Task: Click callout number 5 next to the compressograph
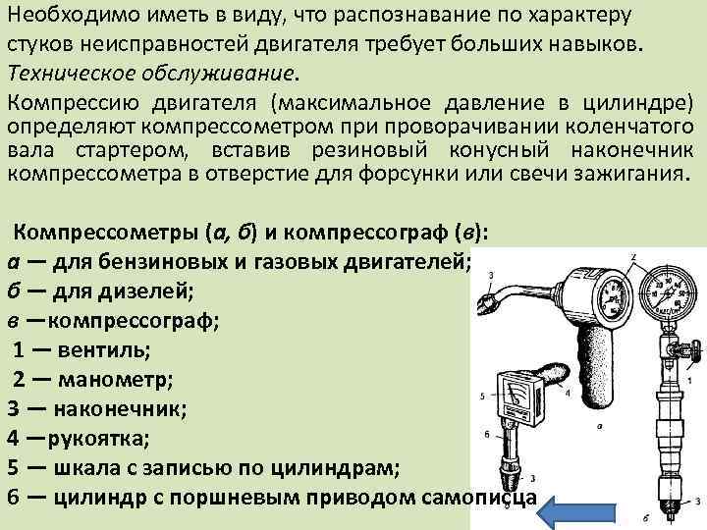482,396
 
